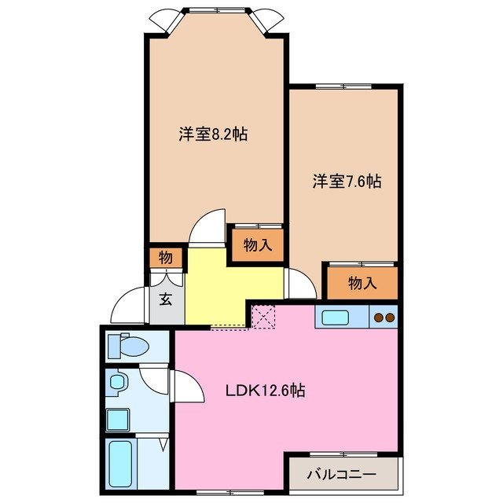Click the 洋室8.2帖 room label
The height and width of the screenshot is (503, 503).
(x=212, y=134)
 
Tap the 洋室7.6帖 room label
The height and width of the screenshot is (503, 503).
(x=347, y=182)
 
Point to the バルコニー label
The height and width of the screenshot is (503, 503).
(x=341, y=475)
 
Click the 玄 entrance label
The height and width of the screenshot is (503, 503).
(x=167, y=299)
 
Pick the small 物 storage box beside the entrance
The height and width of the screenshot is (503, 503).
(x=166, y=257)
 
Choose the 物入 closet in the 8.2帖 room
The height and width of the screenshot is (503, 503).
(x=257, y=245)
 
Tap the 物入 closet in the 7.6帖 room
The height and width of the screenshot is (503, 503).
(x=362, y=283)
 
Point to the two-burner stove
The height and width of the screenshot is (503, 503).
(x=384, y=318)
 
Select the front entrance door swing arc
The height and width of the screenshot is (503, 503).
(x=129, y=306)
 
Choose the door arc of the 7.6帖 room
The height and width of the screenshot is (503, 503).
(x=301, y=284)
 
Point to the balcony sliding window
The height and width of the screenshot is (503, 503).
(x=343, y=455)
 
